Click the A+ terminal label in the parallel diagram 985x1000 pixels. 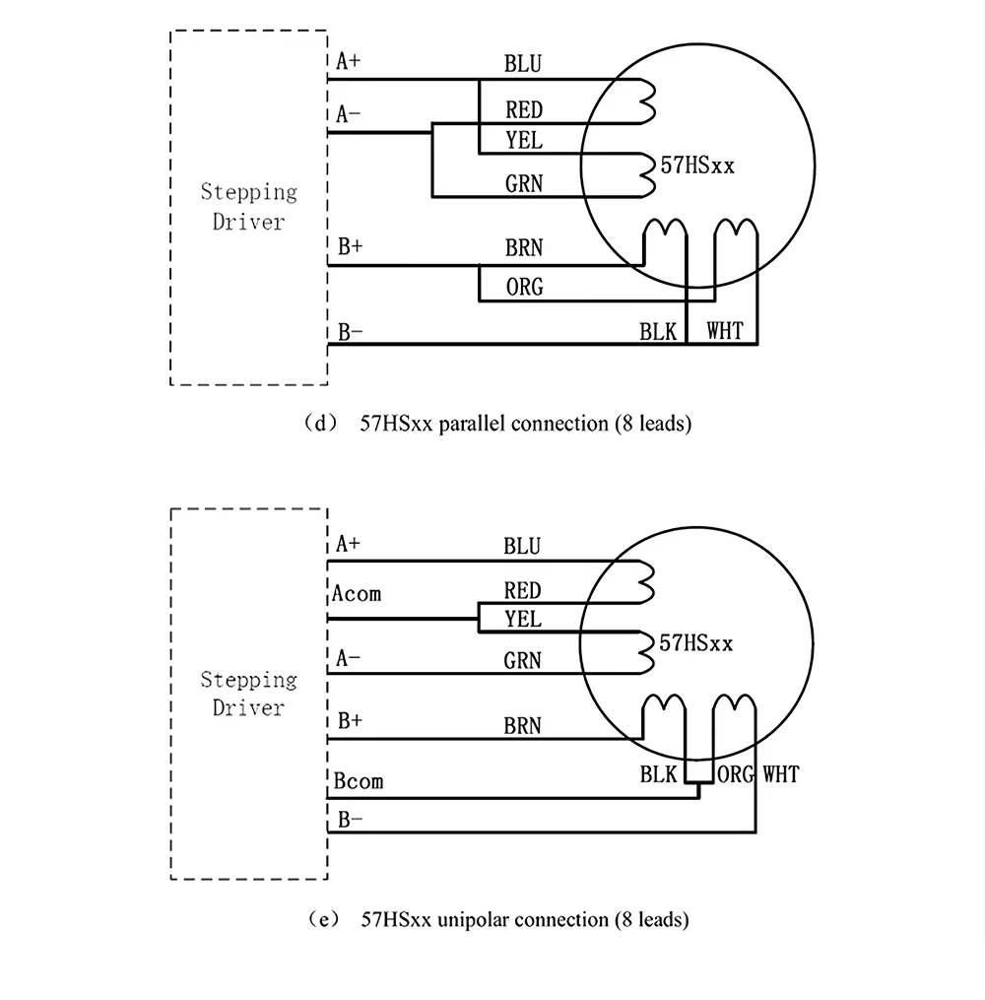[x=349, y=62]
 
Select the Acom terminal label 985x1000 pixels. [x=357, y=593]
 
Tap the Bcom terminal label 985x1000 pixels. [x=358, y=781]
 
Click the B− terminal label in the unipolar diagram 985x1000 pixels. [x=350, y=817]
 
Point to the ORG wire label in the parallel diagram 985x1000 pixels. [x=524, y=288]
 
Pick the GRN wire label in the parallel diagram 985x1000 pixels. [x=524, y=183]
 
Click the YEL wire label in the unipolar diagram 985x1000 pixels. [x=523, y=620]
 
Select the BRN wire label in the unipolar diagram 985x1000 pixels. [x=523, y=727]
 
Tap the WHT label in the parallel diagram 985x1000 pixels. [x=725, y=331]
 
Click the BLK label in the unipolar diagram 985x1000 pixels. [x=658, y=774]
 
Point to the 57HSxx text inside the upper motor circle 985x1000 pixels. [x=697, y=167]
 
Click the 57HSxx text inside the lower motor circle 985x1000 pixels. [x=696, y=643]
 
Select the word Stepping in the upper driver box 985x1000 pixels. [x=248, y=191]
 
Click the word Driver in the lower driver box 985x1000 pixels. [x=248, y=708]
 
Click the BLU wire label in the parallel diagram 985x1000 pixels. [x=523, y=65]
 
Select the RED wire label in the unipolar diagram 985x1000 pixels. [x=523, y=591]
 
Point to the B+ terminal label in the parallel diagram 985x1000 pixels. [x=351, y=247]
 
